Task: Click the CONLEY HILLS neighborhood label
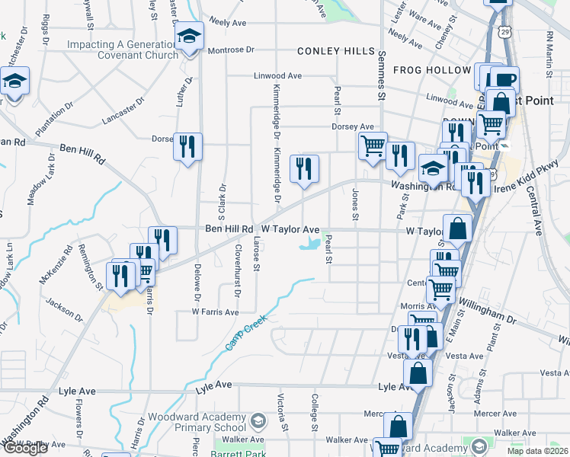[x=336, y=52]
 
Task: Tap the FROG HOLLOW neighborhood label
[x=432, y=70]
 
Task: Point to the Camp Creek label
[x=245, y=332]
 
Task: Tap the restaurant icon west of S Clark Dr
[x=187, y=145]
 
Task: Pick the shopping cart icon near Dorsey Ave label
[x=373, y=144]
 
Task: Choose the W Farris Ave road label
[x=215, y=312]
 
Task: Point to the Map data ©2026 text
[x=537, y=451]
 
